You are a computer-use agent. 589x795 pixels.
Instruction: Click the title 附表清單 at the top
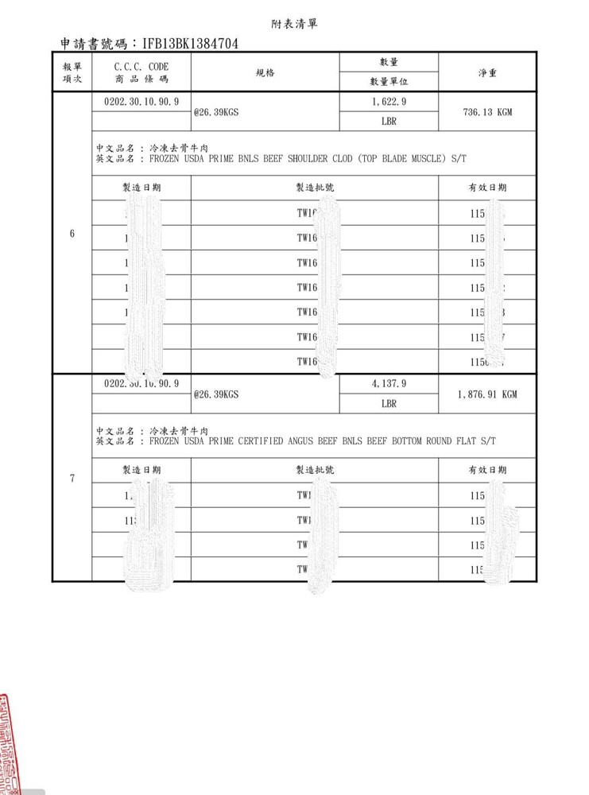pos(294,24)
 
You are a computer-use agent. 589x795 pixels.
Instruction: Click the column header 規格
pos(265,73)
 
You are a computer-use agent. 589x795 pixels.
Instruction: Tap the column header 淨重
pos(487,73)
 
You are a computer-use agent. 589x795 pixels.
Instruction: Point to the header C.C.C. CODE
pos(141,67)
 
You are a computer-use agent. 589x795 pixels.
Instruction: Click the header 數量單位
pos(389,82)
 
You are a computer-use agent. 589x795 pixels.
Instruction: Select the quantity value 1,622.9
pos(389,102)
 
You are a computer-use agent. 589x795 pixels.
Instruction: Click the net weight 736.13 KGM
pos(487,112)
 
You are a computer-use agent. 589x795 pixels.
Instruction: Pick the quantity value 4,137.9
pos(389,383)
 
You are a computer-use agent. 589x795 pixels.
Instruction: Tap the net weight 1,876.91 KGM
pos(487,394)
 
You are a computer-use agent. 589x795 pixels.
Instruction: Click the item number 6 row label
pos(72,234)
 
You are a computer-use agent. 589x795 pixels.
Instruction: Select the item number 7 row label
pos(72,478)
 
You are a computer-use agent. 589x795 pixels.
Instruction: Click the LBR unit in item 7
pos(389,404)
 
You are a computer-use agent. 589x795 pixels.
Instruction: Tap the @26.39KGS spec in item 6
pos(217,112)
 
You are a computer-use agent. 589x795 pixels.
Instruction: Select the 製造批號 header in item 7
pos(315,470)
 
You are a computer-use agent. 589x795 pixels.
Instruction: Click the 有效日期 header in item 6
pos(487,188)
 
